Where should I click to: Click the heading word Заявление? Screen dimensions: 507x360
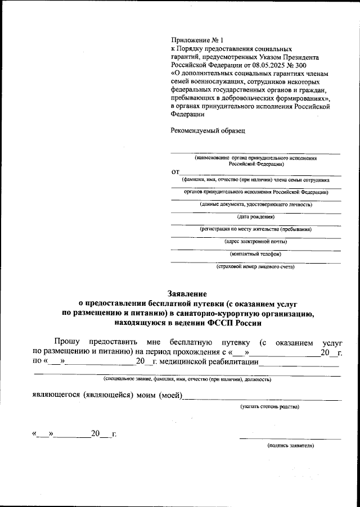click(188, 293)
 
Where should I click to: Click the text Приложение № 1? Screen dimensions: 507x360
click(197, 40)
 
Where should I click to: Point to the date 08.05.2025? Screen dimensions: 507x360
click(262, 65)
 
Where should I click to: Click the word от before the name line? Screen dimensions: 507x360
click(175, 171)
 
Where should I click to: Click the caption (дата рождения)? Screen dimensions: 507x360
click(255, 216)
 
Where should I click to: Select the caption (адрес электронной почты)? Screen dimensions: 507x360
click(255, 241)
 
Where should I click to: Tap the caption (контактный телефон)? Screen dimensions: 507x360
click(255, 254)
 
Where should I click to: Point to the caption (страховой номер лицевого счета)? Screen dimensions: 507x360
click(255, 266)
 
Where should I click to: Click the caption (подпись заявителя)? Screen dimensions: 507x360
click(290, 445)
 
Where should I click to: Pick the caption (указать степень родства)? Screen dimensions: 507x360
click(269, 406)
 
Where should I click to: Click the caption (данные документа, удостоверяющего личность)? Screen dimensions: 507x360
click(255, 204)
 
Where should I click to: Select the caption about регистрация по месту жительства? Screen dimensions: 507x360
click(255, 229)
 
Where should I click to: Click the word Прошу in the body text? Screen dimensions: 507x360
click(67, 341)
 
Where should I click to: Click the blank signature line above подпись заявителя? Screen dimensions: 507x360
click(290, 438)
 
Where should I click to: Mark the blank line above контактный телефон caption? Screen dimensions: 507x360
click(255, 249)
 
